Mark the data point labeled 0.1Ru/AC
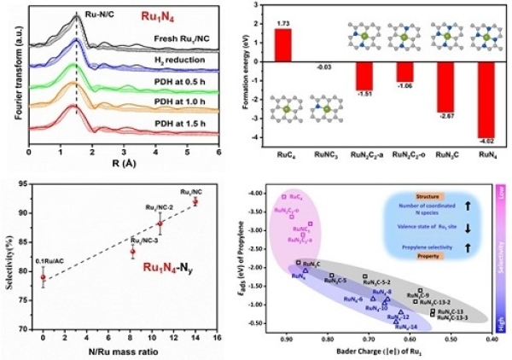pyautogui.click(x=43, y=277)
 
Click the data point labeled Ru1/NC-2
pyautogui.click(x=160, y=224)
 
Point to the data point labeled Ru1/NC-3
pyautogui.click(x=132, y=252)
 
